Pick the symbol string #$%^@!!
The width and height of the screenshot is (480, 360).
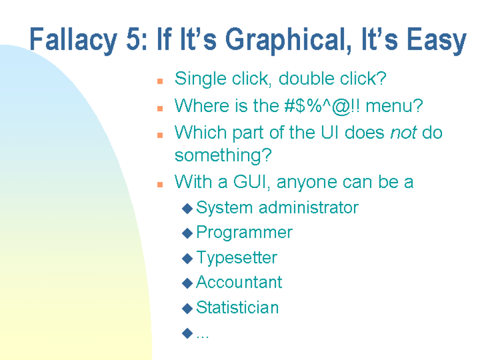coord(322,106)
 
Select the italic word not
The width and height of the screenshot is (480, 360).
coord(404,133)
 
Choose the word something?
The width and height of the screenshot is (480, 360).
coord(223,155)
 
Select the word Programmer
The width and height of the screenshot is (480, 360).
coord(244,232)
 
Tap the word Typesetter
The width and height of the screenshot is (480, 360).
coord(237,258)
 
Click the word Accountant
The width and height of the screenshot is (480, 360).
coord(239,282)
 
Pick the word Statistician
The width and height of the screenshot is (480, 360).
coord(237,307)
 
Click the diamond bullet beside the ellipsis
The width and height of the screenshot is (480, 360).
coord(187,334)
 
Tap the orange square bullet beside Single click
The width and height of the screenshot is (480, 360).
coord(160,81)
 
